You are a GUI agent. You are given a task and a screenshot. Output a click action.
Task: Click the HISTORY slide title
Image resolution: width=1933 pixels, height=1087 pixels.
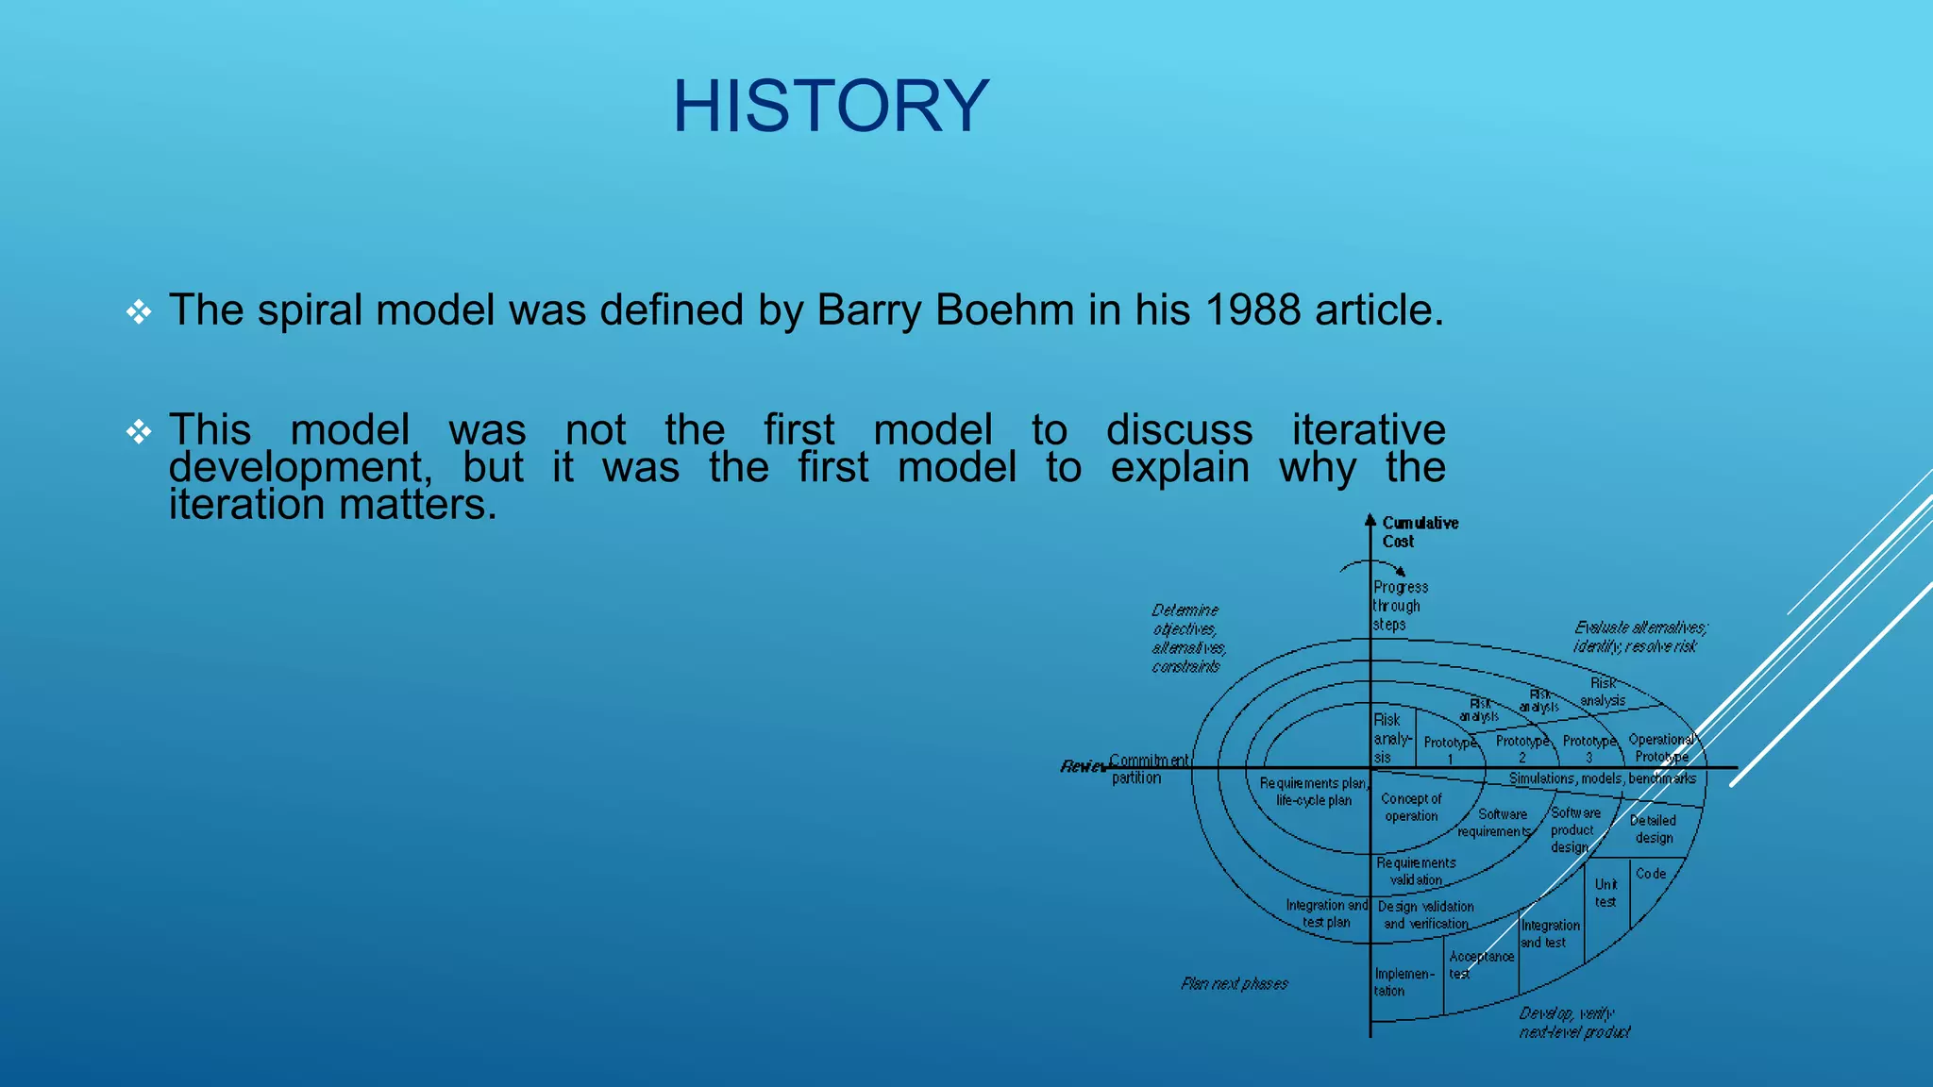(831, 106)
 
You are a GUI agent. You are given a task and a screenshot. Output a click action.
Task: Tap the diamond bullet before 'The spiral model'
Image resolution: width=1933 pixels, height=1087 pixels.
(139, 312)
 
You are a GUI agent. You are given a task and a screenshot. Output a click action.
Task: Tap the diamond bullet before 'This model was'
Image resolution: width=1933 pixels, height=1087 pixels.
(139, 432)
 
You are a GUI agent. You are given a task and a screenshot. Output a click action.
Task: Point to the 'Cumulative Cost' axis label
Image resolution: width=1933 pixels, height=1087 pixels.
(1419, 532)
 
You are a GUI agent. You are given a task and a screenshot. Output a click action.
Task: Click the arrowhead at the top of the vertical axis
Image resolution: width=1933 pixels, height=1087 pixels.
(1370, 520)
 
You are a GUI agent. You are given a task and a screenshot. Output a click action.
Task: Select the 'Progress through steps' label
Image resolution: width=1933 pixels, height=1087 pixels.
(1399, 606)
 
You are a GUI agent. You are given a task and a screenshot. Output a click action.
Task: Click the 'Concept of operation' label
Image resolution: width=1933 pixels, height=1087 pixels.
(1411, 808)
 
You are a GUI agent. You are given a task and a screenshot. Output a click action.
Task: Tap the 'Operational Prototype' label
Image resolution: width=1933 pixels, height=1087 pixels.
(1662, 748)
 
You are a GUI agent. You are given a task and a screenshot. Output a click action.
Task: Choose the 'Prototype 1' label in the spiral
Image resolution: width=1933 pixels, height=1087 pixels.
(1450, 750)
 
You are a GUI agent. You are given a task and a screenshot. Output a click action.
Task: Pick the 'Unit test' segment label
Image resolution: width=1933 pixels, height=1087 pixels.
(1605, 893)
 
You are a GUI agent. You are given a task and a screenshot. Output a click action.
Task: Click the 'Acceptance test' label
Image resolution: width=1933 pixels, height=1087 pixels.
(1480, 964)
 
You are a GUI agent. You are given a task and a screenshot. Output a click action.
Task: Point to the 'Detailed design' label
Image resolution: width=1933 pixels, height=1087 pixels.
(1653, 829)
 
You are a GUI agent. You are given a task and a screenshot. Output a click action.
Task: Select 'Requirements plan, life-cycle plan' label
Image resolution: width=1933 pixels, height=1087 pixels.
(1313, 792)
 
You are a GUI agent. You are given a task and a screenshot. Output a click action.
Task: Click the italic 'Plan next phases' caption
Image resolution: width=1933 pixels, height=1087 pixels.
(1234, 984)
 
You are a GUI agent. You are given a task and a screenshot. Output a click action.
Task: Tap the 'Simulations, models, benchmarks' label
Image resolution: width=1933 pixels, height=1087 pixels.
(1602, 778)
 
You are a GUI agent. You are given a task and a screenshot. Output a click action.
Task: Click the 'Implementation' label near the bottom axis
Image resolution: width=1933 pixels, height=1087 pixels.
(1403, 982)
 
